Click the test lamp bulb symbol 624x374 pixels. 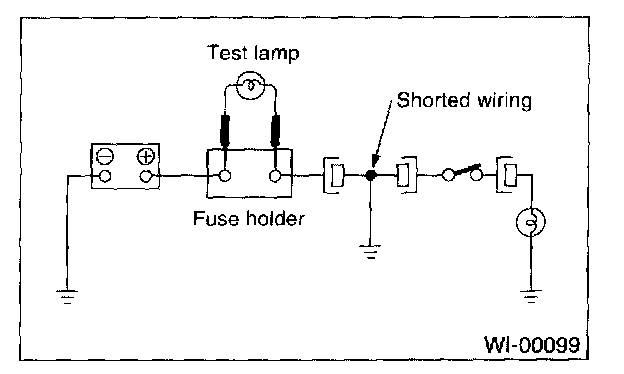250,85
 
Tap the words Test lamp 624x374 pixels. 253,53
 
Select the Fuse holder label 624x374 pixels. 249,218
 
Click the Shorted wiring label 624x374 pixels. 464,100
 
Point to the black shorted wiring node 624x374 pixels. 370,175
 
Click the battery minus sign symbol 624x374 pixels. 105,157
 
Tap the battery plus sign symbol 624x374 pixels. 146,156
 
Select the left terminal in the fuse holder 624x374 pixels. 225,175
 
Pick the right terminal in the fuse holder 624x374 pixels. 275,175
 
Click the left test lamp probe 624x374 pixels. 225,130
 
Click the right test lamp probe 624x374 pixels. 275,131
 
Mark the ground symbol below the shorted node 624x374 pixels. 370,252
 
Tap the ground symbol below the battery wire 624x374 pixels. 67,297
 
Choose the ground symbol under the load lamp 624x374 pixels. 531,296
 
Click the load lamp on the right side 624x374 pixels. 531,222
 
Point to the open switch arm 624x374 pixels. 466,170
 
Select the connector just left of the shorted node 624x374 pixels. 333,175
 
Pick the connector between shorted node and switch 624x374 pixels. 407,175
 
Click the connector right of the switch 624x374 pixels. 506,175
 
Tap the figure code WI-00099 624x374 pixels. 532,344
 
